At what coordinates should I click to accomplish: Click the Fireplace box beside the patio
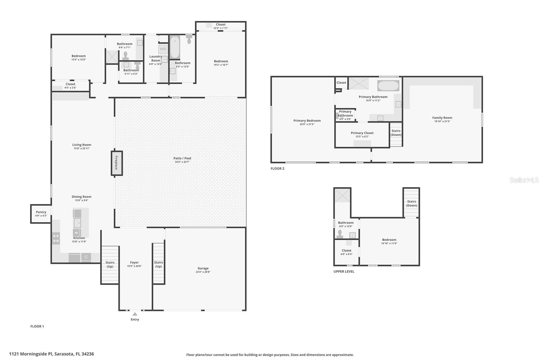coord(117,163)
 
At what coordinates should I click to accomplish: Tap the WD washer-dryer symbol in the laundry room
coord(163,49)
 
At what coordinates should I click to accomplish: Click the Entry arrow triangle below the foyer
coord(135,314)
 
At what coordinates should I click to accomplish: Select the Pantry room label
coord(41,212)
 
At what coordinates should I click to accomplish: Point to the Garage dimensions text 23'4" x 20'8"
coord(203,272)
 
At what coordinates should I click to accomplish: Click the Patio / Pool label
coord(182,158)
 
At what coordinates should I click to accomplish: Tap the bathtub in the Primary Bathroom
coord(388,85)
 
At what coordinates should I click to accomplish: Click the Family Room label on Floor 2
coord(442,118)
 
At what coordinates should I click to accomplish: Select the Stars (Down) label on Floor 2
coord(396,133)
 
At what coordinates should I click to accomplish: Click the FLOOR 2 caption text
coord(277,169)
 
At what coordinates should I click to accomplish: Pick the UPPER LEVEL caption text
coord(344,272)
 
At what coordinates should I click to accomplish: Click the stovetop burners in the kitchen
coord(56,238)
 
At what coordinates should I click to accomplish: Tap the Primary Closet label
coord(362,133)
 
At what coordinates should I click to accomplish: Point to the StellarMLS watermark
coord(524,180)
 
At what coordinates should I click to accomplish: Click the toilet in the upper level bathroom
coord(340,234)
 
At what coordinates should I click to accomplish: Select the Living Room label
coord(81,145)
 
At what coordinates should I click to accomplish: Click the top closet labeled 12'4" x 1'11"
coord(220,26)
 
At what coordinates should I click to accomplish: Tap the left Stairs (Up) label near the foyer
coord(110,264)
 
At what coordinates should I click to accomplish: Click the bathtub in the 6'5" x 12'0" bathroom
coord(175,47)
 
